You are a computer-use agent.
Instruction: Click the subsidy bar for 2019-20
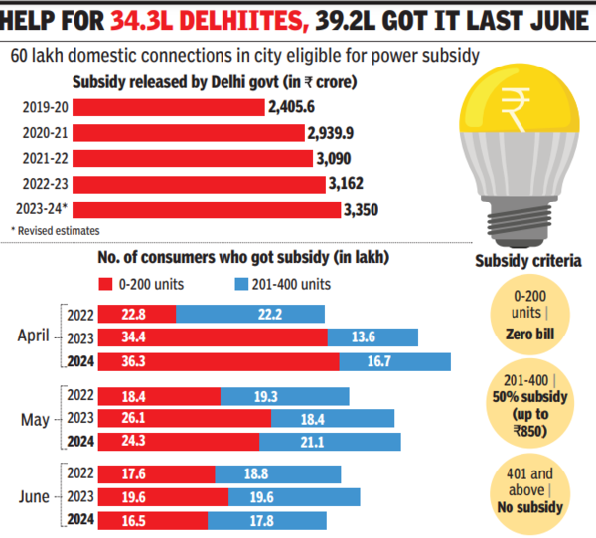[169, 107]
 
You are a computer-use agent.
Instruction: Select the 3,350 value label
[363, 210]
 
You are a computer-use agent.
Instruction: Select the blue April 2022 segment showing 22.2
[250, 314]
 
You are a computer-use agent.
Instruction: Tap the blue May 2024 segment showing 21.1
[330, 441]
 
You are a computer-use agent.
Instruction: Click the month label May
[34, 417]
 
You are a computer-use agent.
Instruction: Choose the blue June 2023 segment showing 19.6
[294, 494]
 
